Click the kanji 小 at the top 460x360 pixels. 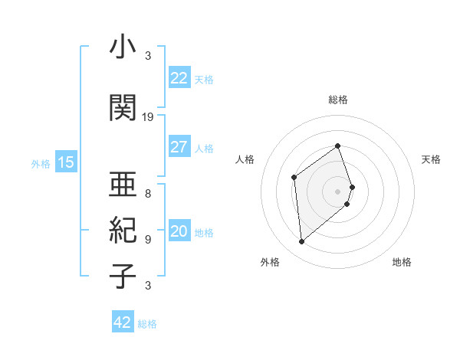pos(122,47)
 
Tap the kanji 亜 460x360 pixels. pos(122,184)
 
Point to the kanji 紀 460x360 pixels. pos(122,230)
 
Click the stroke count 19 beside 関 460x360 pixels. pos(148,117)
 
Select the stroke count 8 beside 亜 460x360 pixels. pos(148,193)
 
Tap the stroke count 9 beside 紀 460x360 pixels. pos(148,239)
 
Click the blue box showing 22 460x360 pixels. pos(179,78)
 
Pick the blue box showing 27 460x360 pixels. pos(179,147)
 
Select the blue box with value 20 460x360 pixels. pos(179,231)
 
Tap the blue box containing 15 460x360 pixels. pos(65,162)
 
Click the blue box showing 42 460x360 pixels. pos(123,322)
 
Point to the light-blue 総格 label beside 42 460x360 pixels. pos(147,324)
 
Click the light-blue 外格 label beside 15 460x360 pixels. pos(41,163)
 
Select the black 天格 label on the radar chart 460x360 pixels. pos(432,159)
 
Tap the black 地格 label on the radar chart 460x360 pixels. pos(402,262)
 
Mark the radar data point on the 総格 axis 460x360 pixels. pos(337,146)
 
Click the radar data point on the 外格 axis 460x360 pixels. pos(301,242)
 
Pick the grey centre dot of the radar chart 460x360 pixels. pos(337,189)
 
